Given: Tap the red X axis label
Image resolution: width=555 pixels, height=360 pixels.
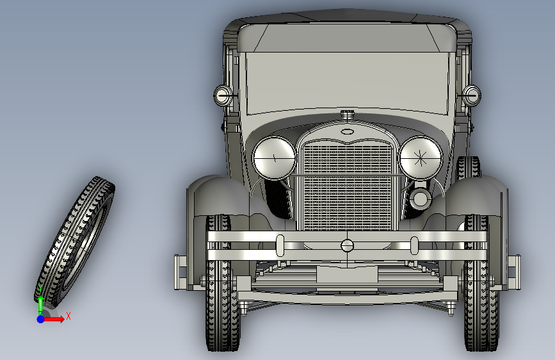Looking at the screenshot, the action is [68, 316].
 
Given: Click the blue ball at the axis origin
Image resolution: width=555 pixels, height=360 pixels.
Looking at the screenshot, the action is [41, 319].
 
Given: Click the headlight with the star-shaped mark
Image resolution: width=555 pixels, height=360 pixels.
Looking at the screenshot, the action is [421, 158].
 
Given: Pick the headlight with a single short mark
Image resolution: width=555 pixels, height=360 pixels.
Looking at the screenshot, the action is [275, 158].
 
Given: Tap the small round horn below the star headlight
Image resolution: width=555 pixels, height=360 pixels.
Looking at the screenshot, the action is [421, 199].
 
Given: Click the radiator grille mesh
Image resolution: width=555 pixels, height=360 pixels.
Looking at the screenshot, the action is [348, 186].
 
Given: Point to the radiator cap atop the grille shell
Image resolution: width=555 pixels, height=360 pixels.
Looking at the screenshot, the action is [348, 115].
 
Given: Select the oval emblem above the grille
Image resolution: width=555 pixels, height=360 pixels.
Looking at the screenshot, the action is [347, 132].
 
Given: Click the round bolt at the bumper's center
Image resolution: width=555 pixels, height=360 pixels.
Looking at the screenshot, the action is [347, 245].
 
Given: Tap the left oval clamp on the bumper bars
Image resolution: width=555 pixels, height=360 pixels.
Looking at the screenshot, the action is [280, 245].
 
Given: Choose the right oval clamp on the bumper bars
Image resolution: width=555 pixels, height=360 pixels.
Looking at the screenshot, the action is [414, 245].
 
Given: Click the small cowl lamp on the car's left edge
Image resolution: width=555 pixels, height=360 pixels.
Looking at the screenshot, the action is [223, 95].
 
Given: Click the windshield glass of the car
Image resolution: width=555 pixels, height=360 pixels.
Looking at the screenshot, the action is [347, 82].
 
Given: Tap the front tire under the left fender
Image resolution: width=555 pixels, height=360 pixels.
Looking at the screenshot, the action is [222, 284].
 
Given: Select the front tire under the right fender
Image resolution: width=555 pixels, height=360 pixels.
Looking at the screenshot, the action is [481, 284].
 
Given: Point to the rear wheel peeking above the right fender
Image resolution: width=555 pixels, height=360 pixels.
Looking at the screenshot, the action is [468, 167].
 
